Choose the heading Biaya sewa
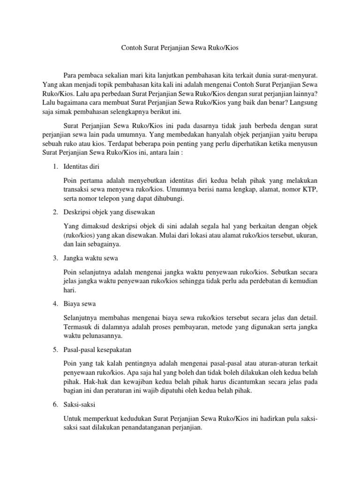point(79,304)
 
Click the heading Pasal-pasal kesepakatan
point(97,350)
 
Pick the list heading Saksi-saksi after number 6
point(79,405)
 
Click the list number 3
point(55,258)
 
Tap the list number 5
point(55,350)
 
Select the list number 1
point(55,166)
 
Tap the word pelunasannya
point(100,336)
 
